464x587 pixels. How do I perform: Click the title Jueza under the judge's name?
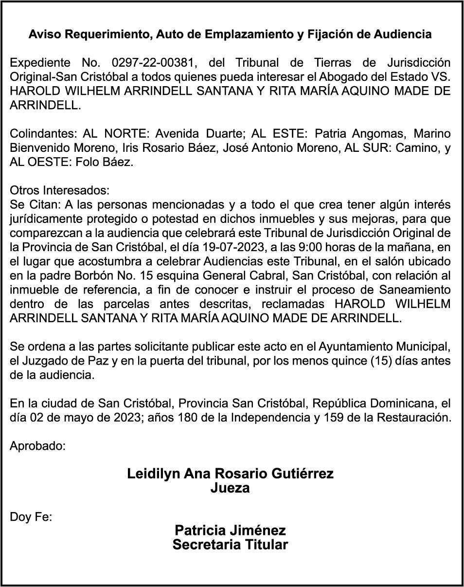click(230, 488)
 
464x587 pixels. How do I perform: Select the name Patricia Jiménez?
click(230, 531)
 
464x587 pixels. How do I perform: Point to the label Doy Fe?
click(31, 517)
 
